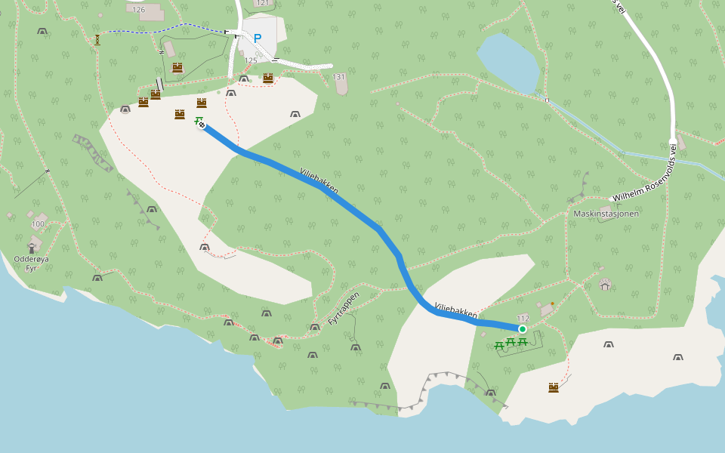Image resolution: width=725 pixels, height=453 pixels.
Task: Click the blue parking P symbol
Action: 258,39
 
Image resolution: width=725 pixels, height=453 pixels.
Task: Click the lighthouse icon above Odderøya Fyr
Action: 32,246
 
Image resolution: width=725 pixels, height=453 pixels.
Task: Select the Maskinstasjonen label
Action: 606,214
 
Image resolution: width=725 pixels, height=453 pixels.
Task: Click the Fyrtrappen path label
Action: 344,309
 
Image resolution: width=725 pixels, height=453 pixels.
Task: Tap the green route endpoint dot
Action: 522,328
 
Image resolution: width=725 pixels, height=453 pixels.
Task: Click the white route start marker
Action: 202,125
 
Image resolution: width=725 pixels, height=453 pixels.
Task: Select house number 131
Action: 338,77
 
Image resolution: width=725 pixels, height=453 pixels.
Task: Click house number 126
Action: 138,10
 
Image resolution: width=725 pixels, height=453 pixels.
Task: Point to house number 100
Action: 38,224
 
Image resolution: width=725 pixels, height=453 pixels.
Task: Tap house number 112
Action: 523,318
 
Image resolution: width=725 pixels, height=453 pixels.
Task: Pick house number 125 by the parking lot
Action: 251,60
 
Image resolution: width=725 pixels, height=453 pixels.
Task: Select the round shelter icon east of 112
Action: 605,285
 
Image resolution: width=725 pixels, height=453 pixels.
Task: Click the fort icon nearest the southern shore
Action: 554,387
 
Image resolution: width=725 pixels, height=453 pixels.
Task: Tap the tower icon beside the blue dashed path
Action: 97,39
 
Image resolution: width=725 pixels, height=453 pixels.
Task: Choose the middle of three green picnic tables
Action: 511,343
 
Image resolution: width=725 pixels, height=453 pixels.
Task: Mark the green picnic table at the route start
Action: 198,120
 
